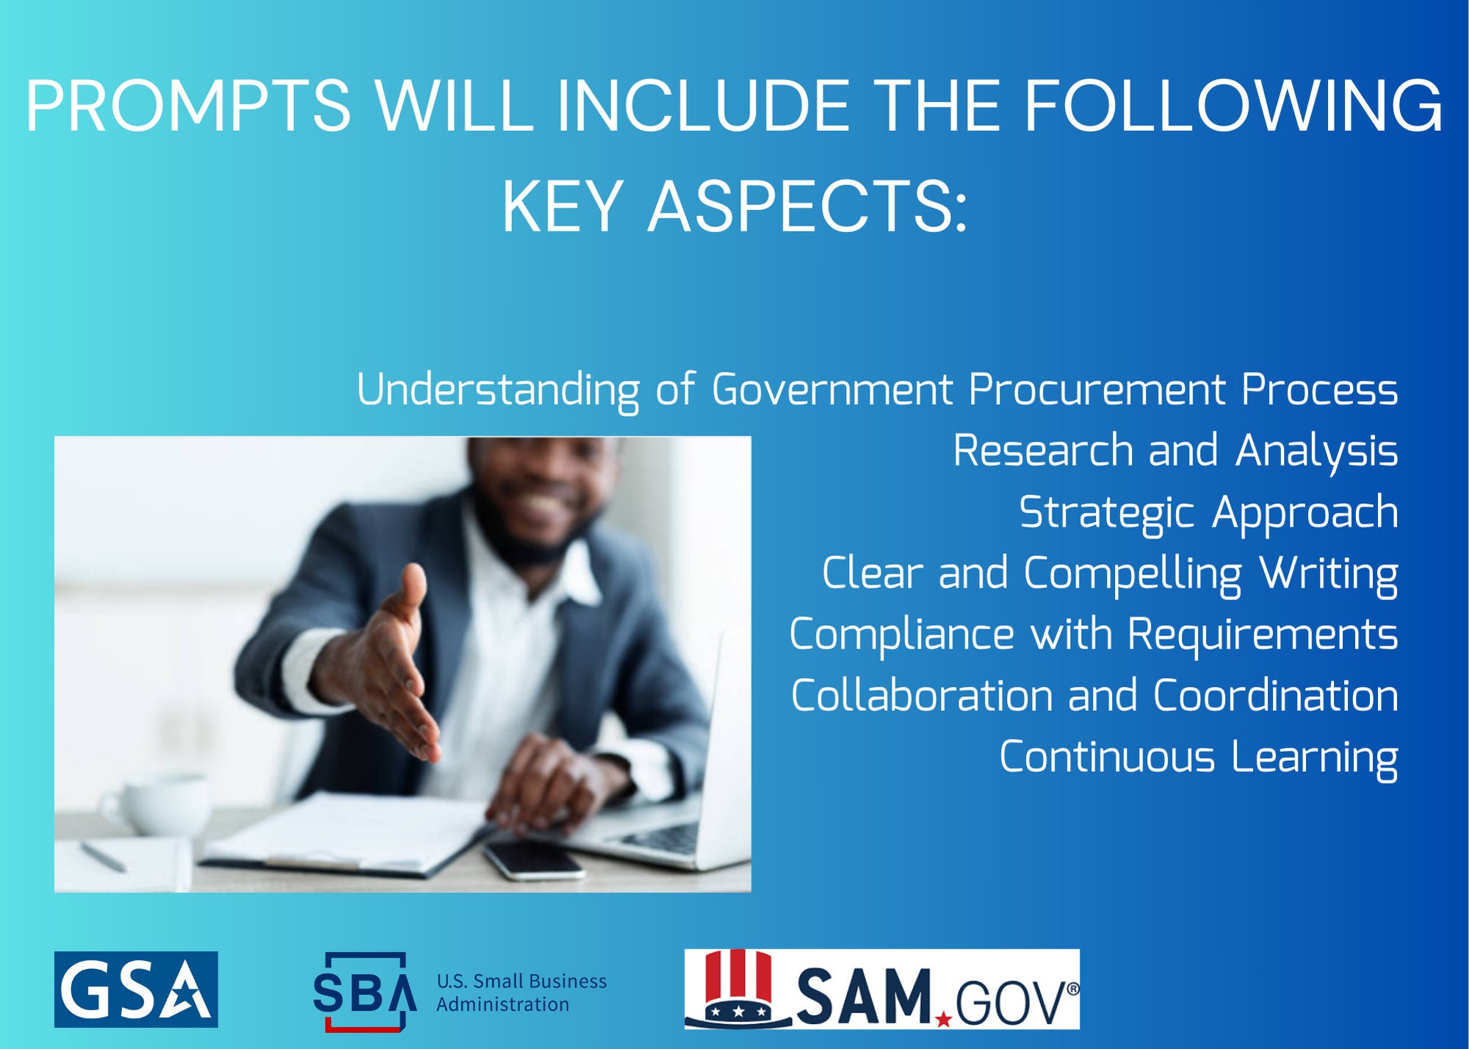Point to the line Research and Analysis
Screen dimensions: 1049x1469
coord(1175,450)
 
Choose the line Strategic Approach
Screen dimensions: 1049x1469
coord(1208,512)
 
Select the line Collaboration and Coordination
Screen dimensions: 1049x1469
coord(1094,696)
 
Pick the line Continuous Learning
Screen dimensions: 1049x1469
coord(1198,757)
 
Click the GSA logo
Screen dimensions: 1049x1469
coord(136,989)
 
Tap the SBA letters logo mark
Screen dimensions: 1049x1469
coord(364,992)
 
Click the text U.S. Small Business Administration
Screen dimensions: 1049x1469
coord(521,992)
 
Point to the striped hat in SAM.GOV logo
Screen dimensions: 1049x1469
coord(737,984)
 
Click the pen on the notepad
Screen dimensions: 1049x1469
coord(103,857)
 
